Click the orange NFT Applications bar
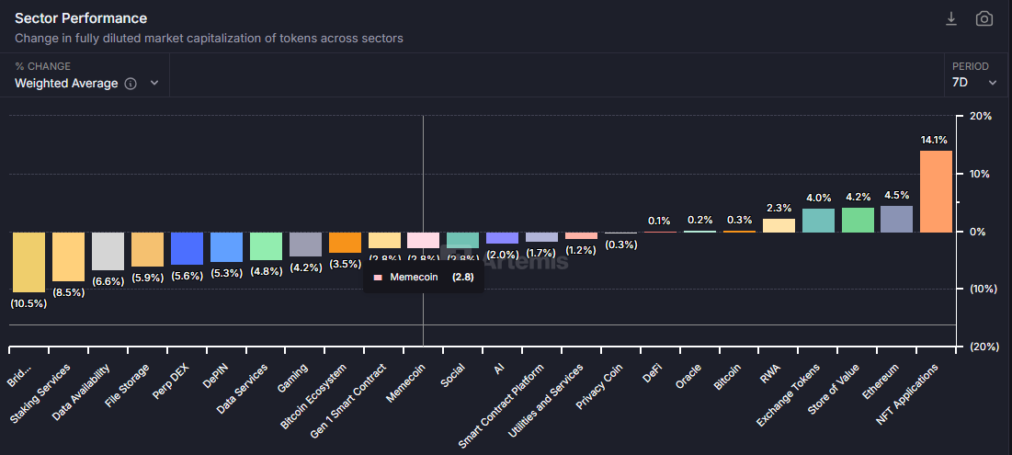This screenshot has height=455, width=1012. (936, 191)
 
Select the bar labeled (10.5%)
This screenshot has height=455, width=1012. (28, 262)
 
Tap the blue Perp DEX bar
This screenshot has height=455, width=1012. (187, 248)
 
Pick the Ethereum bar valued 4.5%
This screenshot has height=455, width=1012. (896, 219)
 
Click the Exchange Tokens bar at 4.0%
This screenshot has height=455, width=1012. (818, 221)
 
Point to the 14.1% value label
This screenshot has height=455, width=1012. (934, 141)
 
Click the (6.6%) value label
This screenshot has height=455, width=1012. (108, 280)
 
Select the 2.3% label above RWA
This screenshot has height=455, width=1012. (779, 209)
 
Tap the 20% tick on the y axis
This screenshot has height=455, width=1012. (980, 117)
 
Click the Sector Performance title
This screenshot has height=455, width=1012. (81, 18)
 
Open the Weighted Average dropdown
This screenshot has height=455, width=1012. (86, 84)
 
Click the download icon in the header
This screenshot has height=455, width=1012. (951, 19)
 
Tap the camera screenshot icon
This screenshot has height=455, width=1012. (984, 19)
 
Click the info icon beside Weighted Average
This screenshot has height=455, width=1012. (131, 84)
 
